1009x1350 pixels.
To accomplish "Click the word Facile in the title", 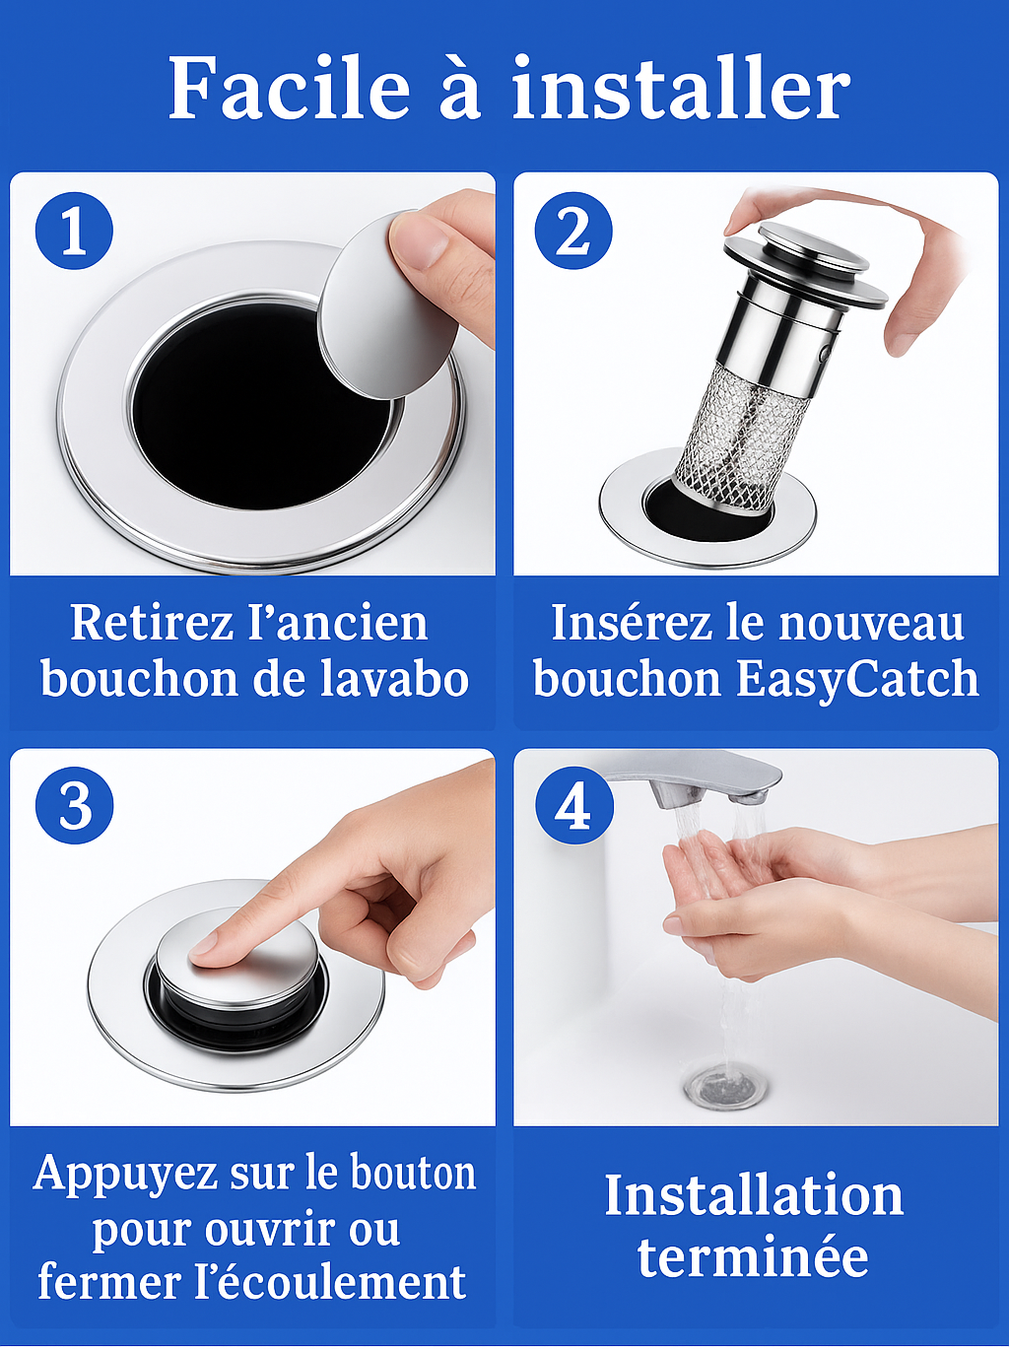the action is pos(289,88).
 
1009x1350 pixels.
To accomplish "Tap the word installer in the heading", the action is pos(681,88).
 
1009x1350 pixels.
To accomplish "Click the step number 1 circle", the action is pos(75,232).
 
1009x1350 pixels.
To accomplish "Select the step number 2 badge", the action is pos(573,232).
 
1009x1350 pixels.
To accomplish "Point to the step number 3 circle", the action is pos(75,805).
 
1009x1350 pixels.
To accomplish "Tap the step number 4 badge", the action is pos(573,805).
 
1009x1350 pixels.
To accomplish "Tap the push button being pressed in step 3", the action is pos(240,967).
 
